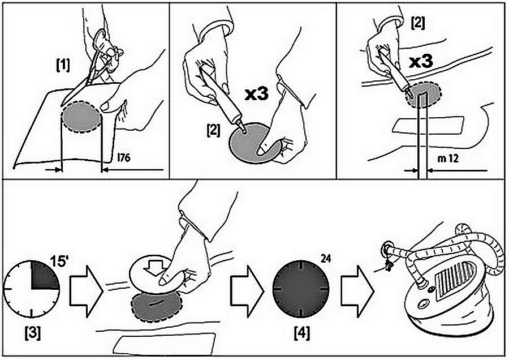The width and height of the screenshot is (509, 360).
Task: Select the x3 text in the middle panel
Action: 258,94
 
